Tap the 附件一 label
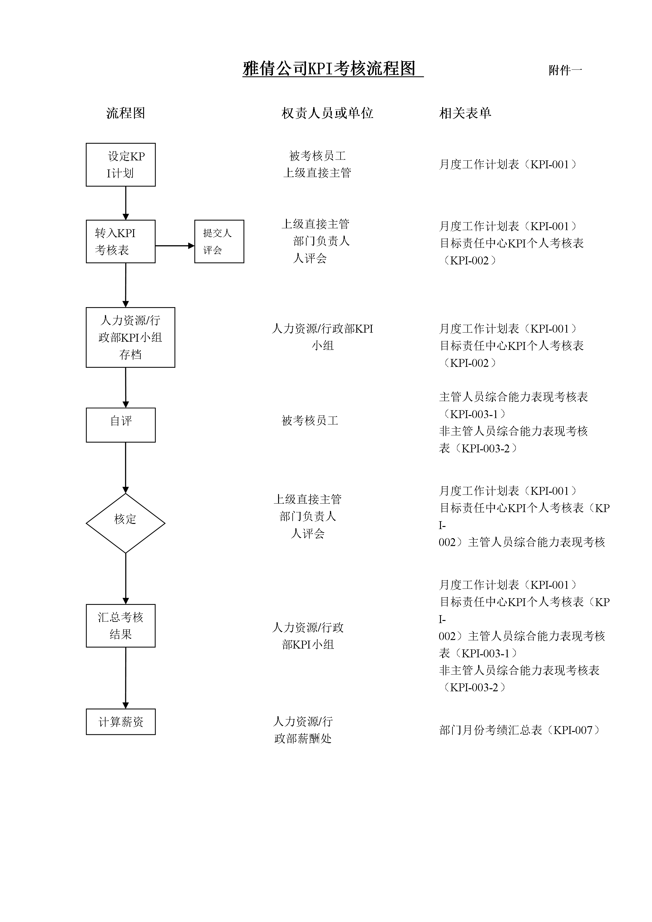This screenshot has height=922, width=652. [565, 70]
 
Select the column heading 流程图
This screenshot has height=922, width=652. [125, 113]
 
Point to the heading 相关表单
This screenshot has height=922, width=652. [465, 113]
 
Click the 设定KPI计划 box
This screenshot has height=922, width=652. [120, 165]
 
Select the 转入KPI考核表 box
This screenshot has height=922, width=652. [120, 241]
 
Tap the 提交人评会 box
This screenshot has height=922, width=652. [219, 241]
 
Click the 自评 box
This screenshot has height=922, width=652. [120, 425]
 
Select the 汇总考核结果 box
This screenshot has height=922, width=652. [120, 626]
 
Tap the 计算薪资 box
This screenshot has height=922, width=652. [120, 722]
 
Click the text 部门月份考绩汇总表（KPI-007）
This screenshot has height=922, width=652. [519, 730]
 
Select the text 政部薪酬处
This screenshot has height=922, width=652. [303, 739]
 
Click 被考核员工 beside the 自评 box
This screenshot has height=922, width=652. [310, 421]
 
